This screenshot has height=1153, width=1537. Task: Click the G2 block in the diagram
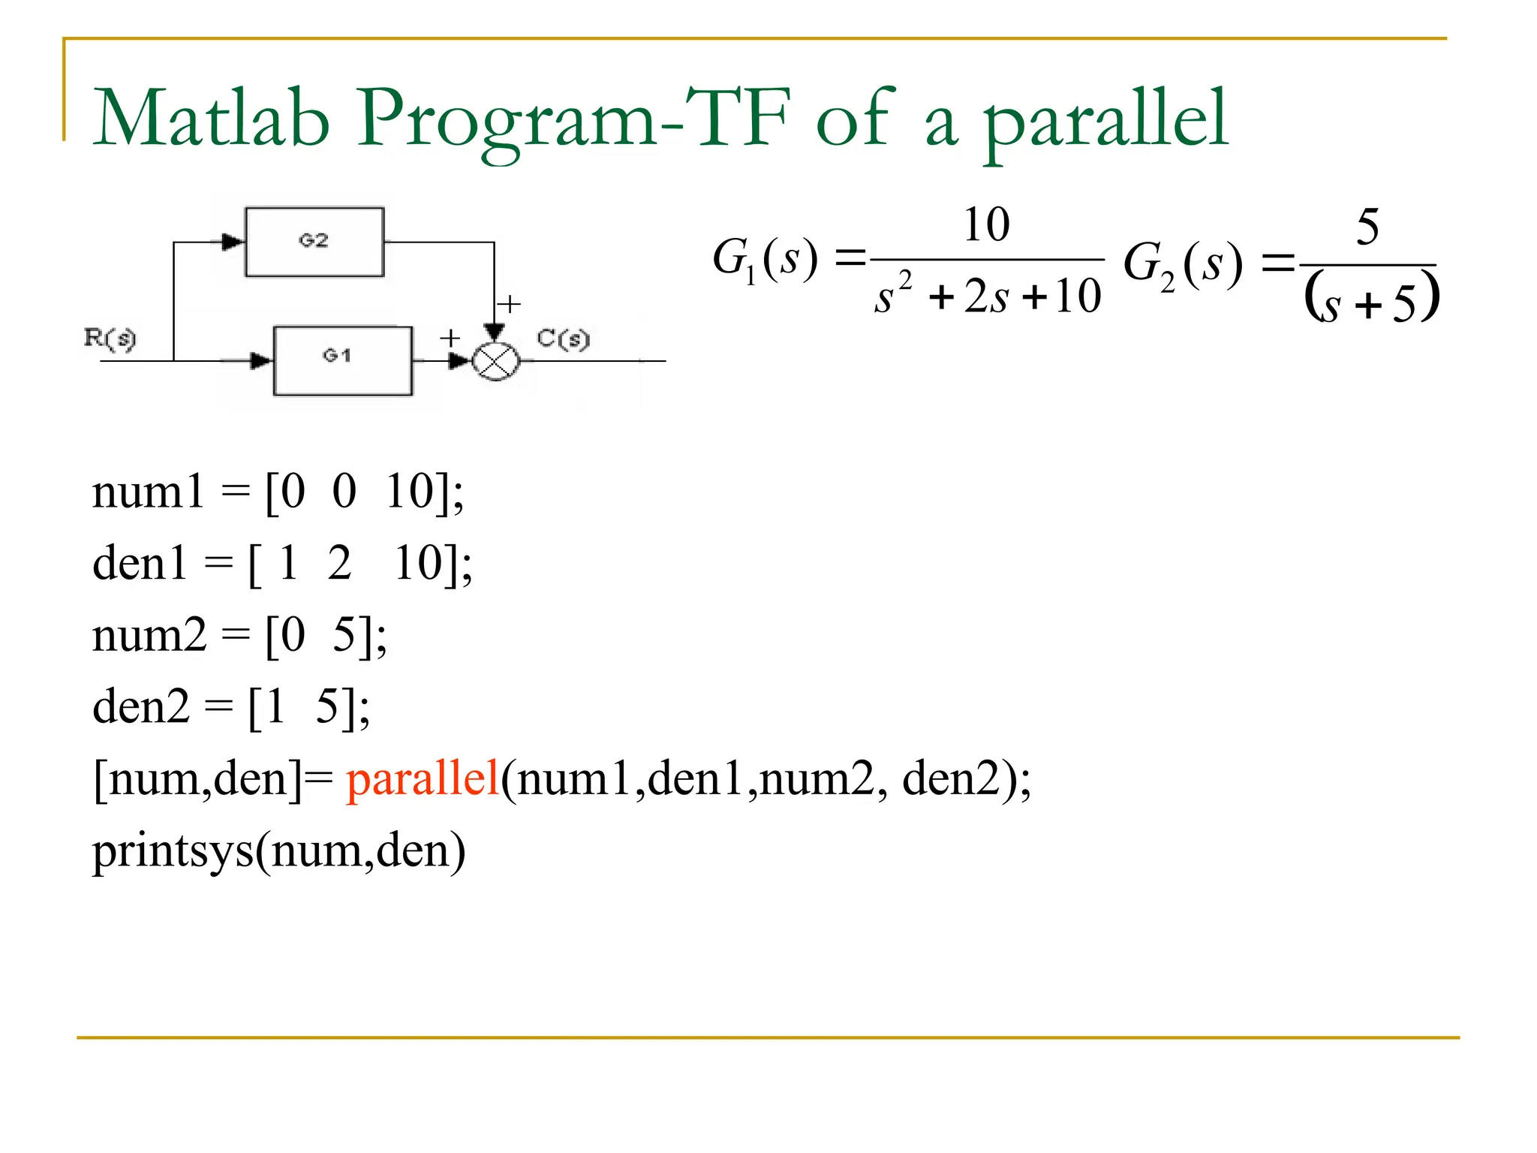pos(314,242)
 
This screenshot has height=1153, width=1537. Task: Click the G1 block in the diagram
pos(342,360)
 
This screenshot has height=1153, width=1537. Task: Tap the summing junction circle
pos(495,361)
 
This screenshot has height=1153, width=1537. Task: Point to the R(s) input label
pos(110,339)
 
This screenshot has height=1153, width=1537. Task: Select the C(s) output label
pos(564,339)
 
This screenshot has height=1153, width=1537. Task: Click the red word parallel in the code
pos(423,778)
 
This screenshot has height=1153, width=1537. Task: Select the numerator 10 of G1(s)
pos(986,224)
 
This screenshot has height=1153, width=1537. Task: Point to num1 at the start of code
pos(148,492)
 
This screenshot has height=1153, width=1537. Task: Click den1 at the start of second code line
pos(140,564)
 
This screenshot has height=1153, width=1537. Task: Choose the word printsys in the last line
pos(173,852)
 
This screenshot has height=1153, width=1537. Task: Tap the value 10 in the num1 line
pos(410,492)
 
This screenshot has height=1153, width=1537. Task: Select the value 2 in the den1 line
pos(339,564)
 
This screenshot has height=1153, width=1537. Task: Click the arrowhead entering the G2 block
pos(233,242)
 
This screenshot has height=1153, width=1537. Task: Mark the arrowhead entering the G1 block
pos(260,361)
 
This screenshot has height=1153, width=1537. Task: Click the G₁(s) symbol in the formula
pos(764,260)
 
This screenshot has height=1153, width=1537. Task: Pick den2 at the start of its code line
pos(141,707)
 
